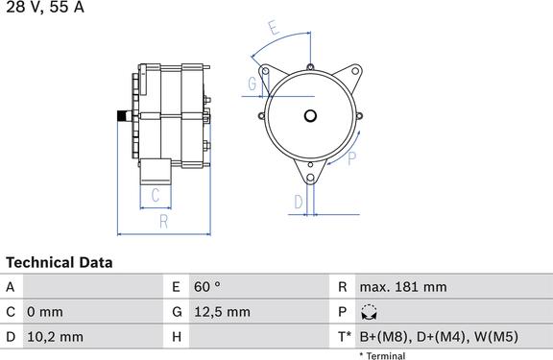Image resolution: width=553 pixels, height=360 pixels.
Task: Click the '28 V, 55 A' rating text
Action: pos(45,7)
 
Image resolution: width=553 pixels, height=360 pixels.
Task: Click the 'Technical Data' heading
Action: pos(60,263)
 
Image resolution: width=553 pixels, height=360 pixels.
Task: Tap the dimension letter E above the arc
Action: pos(274,28)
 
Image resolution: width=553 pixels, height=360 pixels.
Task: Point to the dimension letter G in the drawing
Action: pos(252,84)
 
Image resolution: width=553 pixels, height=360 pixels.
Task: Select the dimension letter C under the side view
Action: pos(156,195)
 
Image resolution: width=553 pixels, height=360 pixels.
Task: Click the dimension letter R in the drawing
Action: pos(163,222)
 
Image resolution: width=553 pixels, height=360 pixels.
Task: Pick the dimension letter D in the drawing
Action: pos(299,202)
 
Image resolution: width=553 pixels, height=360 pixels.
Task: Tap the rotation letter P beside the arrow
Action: pos(351,158)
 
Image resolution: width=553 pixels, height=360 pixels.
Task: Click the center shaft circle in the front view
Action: pos(310,115)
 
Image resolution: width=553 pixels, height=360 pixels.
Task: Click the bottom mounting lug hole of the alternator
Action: pos(310,178)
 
